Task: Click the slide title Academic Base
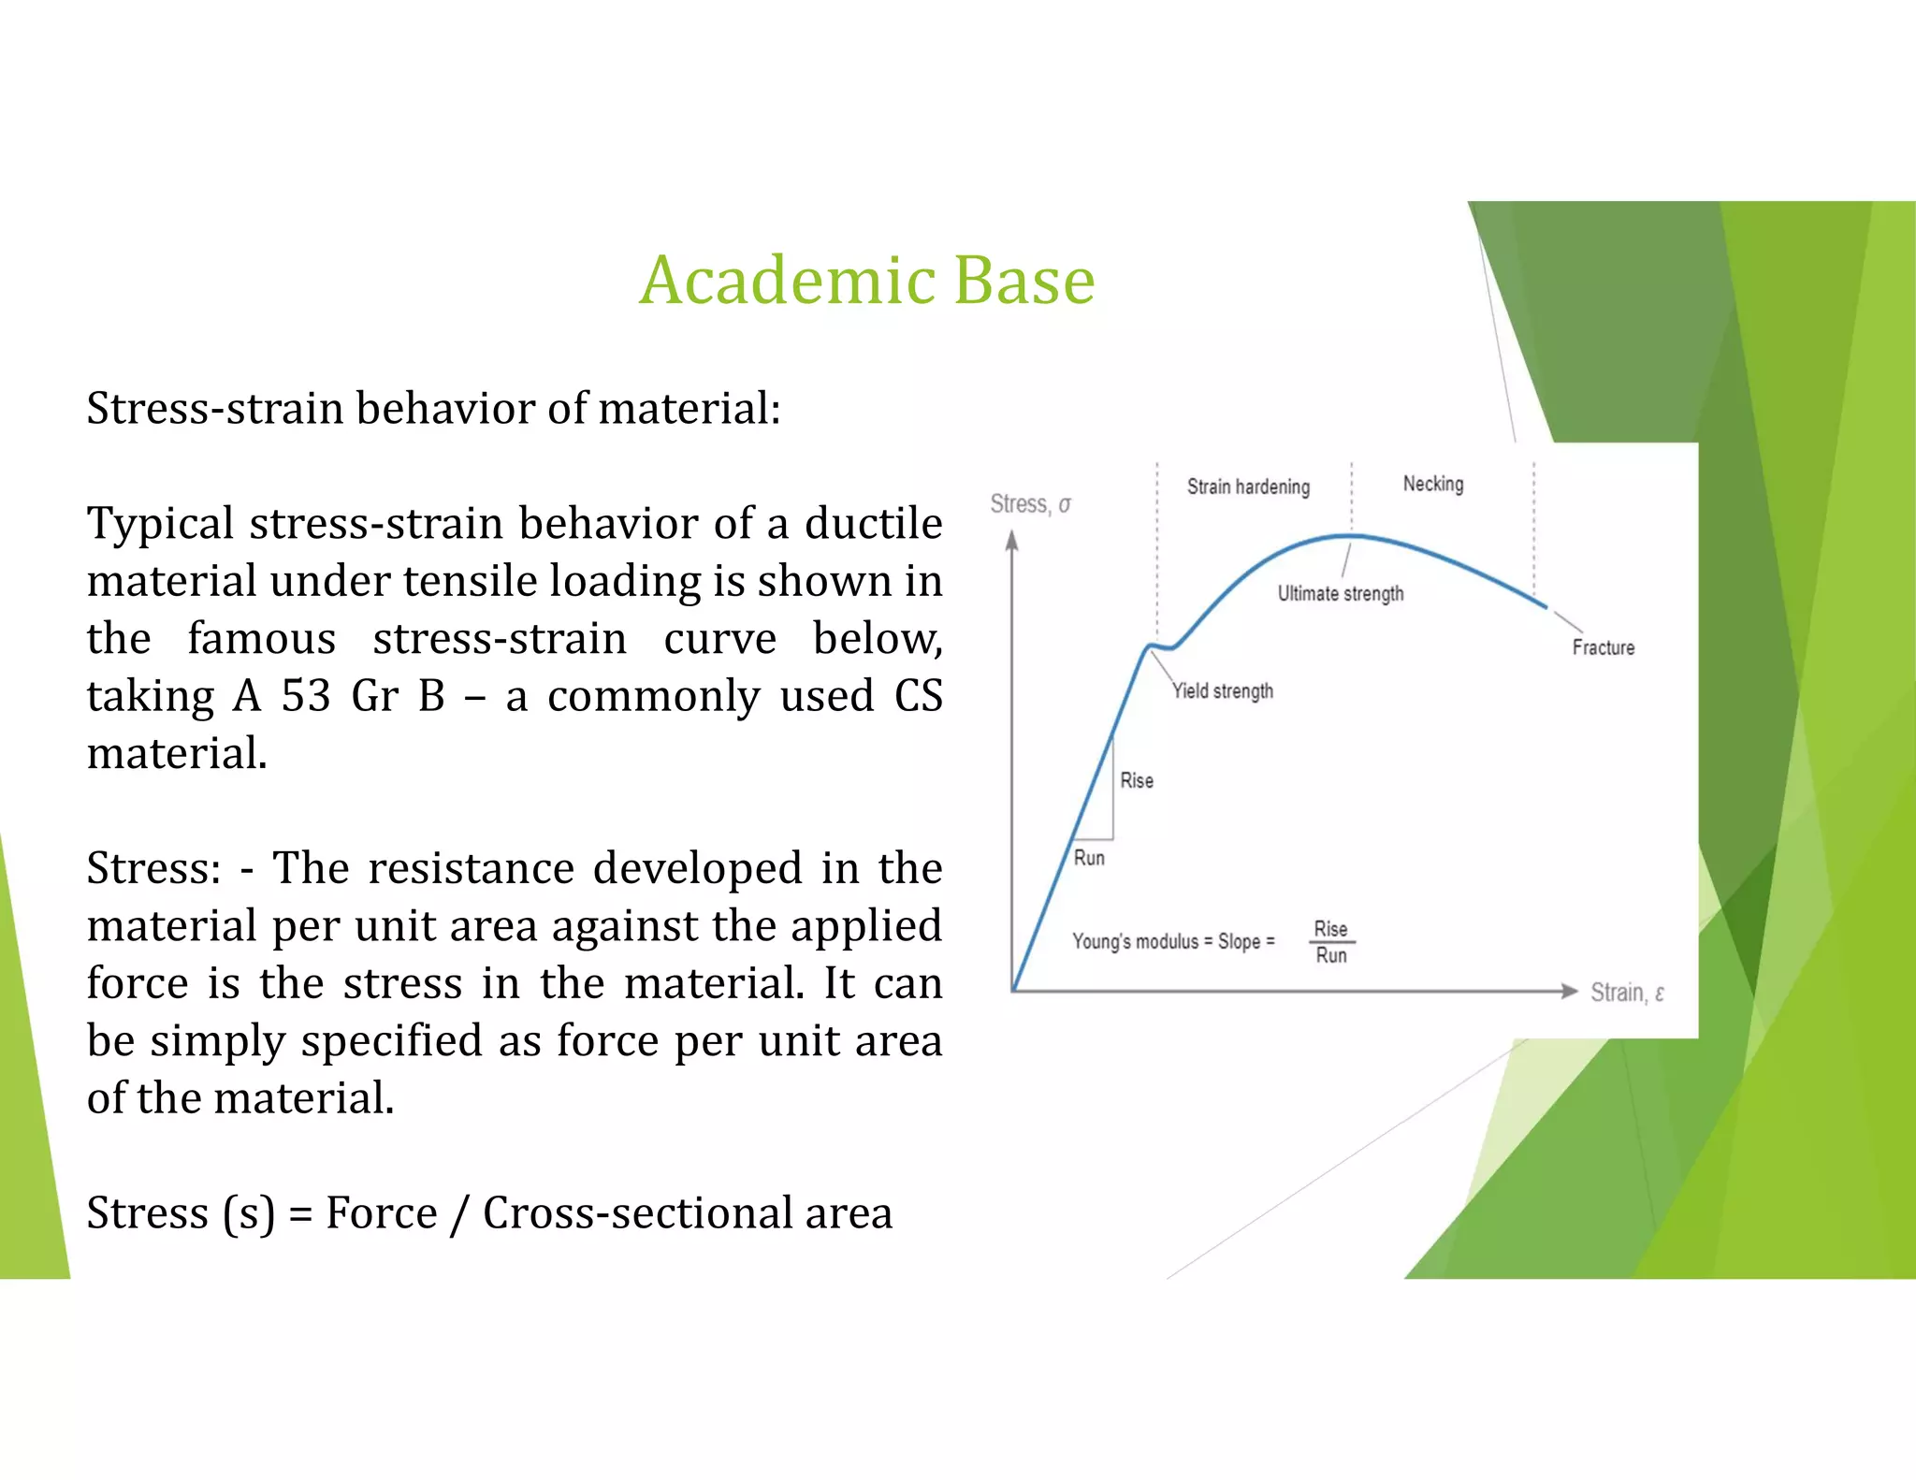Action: [x=866, y=280]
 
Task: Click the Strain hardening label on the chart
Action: [x=1248, y=486]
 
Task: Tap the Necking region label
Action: [x=1432, y=484]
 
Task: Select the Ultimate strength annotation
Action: [x=1340, y=593]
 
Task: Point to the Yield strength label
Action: [x=1223, y=690]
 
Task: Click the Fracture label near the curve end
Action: [x=1603, y=647]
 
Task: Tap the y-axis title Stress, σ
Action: [x=1030, y=504]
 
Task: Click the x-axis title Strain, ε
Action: [x=1627, y=993]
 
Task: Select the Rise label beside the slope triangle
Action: [x=1137, y=780]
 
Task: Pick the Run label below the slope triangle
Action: [x=1089, y=858]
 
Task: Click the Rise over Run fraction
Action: [x=1331, y=941]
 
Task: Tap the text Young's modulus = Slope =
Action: [x=1173, y=941]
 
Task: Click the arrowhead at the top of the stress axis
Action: [x=1011, y=541]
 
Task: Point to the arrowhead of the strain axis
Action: [x=1569, y=992]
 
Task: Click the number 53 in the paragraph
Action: [x=306, y=696]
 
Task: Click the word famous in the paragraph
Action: [x=261, y=639]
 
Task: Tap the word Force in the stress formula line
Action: [x=381, y=1213]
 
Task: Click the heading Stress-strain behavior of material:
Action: [x=433, y=409]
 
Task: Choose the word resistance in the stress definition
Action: [x=471, y=868]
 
